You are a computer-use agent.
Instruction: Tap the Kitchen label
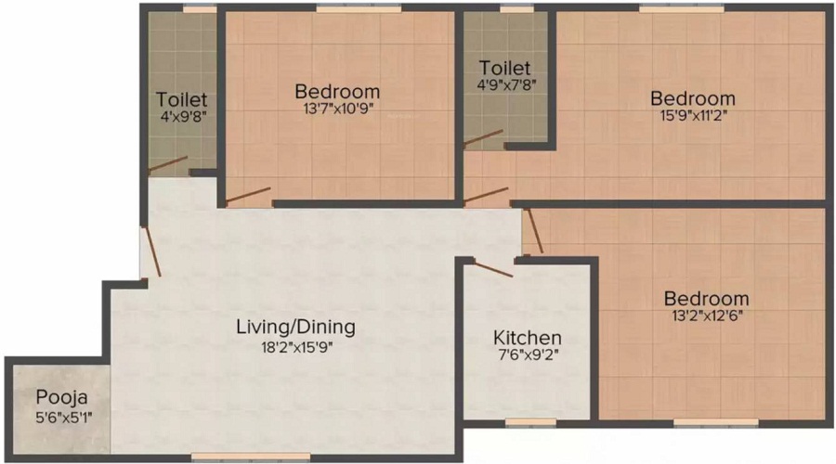[x=527, y=338]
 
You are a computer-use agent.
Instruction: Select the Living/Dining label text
[x=296, y=327]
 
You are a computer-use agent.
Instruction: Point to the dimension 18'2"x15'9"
[x=296, y=349]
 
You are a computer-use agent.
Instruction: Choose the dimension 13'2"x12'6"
[x=706, y=315]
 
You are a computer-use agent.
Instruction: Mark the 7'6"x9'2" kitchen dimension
[x=527, y=354]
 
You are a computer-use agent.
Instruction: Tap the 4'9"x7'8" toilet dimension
[x=505, y=84]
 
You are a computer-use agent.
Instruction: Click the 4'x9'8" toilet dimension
[x=182, y=118]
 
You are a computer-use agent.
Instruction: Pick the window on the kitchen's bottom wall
[x=530, y=421]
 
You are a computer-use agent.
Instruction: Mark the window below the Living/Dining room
[x=251, y=455]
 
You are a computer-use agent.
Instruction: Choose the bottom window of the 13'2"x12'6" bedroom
[x=702, y=422]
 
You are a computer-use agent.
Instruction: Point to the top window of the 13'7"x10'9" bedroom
[x=358, y=8]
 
